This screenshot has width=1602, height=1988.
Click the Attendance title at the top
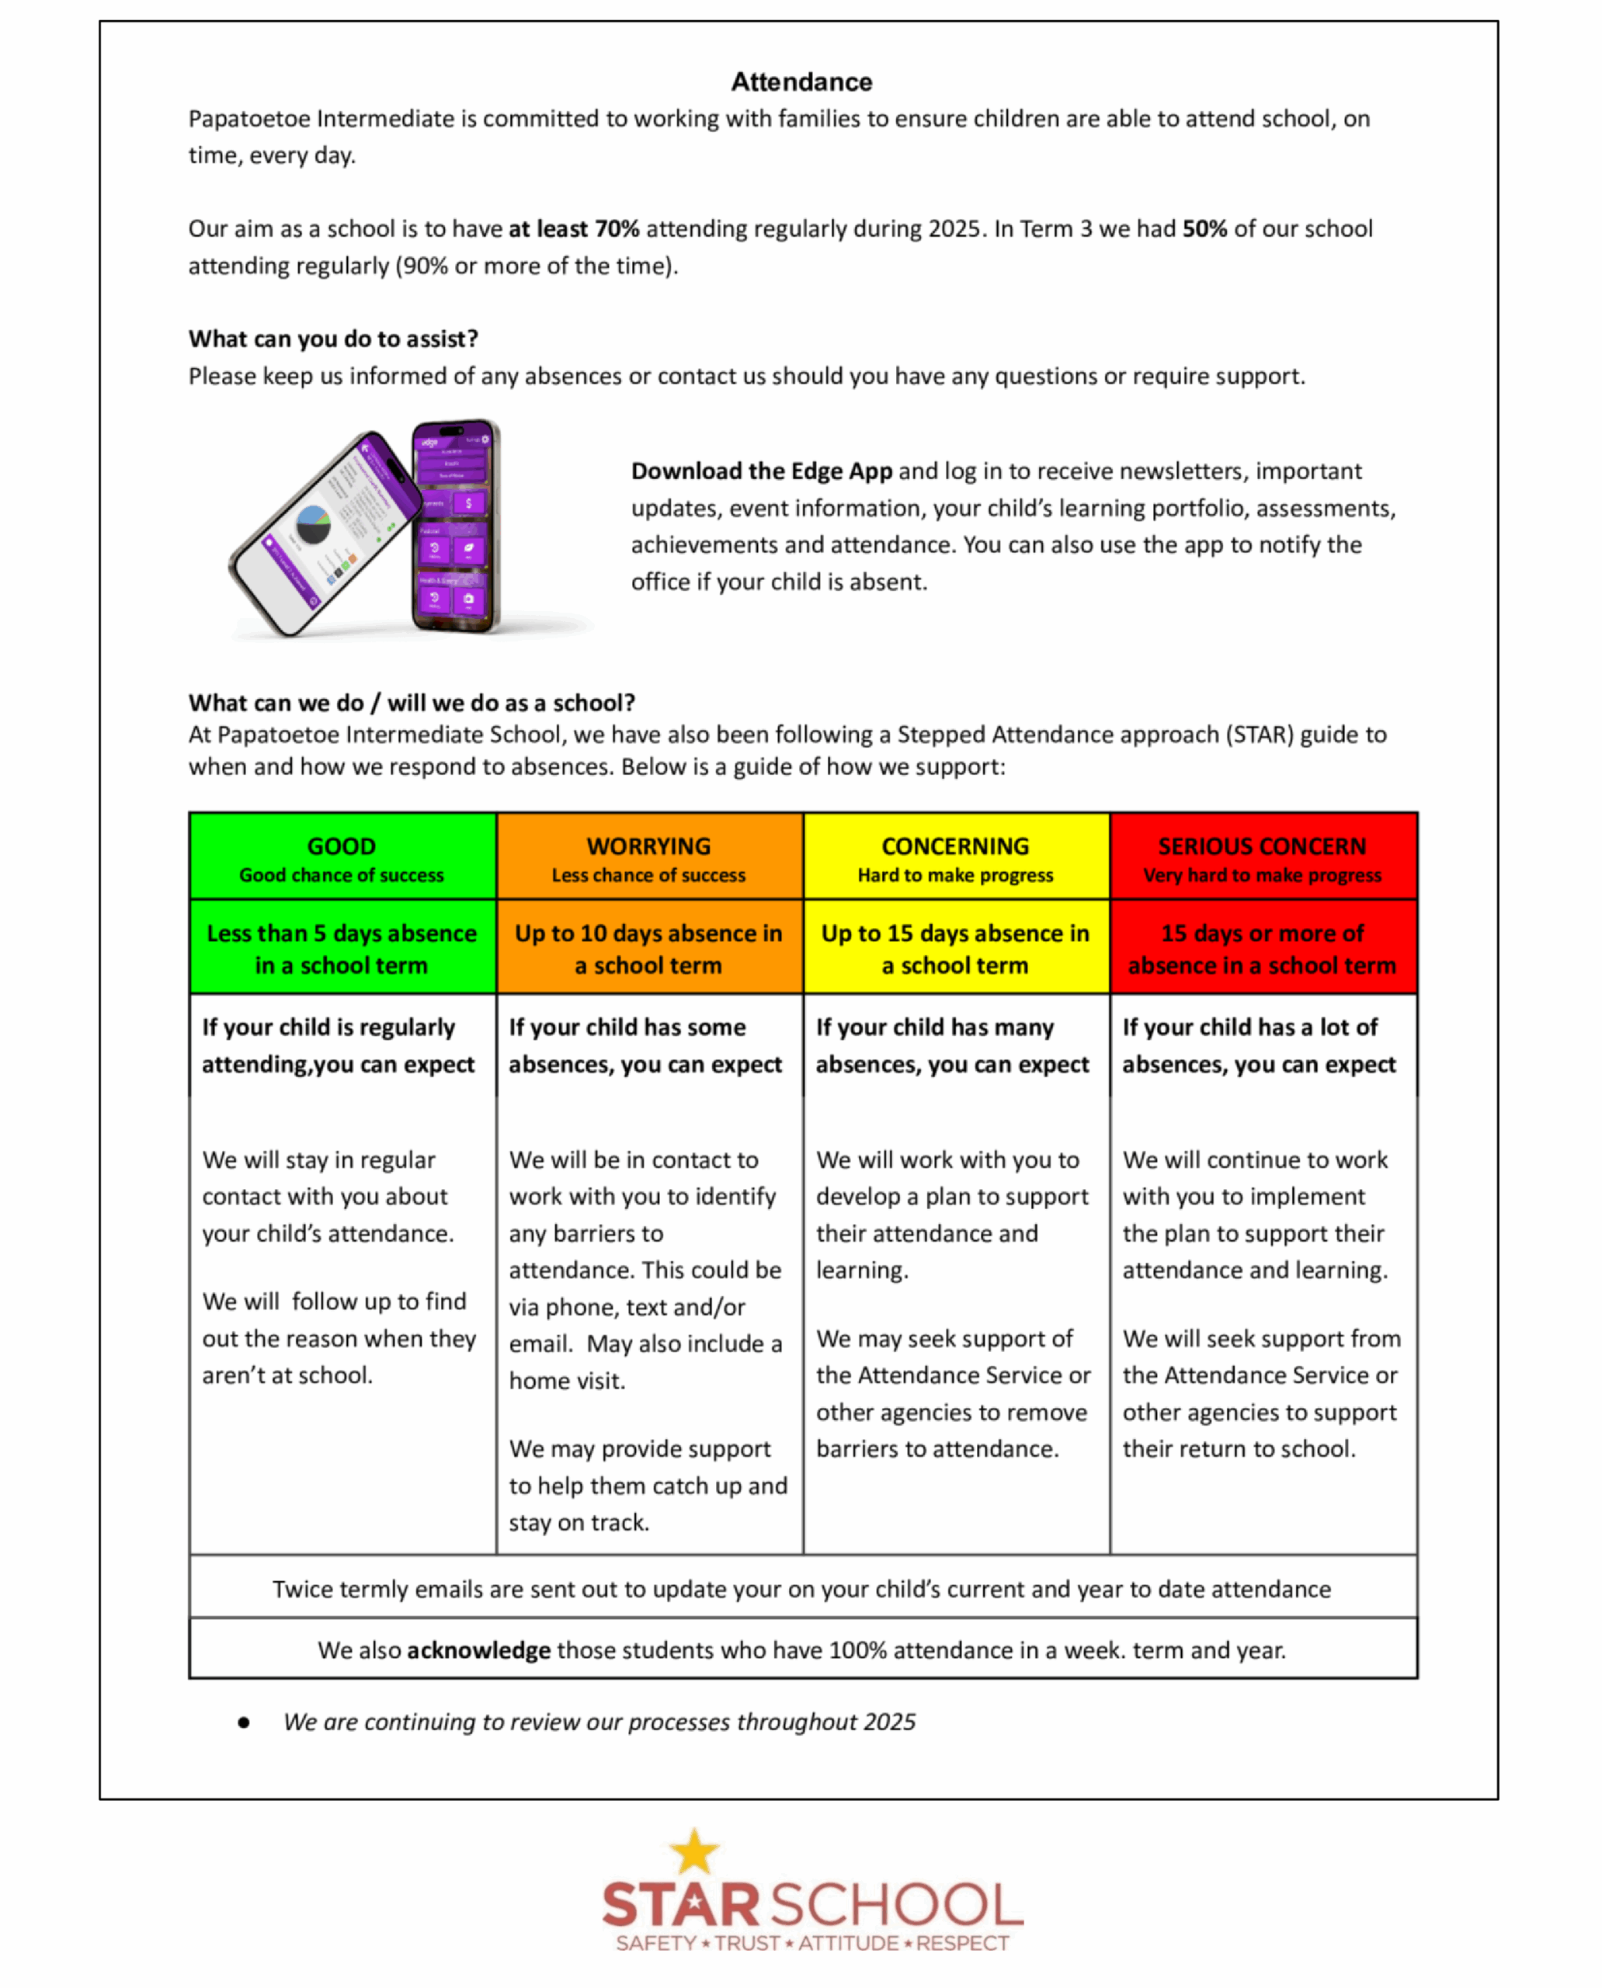pyautogui.click(x=801, y=82)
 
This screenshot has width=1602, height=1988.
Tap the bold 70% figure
pyautogui.click(x=617, y=229)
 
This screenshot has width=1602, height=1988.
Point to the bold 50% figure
pyautogui.click(x=1204, y=229)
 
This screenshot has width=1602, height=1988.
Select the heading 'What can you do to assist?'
pyautogui.click(x=333, y=339)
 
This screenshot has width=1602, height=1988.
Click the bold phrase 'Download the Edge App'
pyautogui.click(x=761, y=471)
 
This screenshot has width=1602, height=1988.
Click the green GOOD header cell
pyautogui.click(x=342, y=857)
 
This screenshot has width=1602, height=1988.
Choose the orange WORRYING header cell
pyautogui.click(x=648, y=857)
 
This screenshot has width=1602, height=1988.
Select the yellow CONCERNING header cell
pyautogui.click(x=955, y=857)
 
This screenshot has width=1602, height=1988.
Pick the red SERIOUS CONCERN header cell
pyautogui.click(x=1263, y=857)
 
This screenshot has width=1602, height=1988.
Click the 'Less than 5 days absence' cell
pyautogui.click(x=342, y=949)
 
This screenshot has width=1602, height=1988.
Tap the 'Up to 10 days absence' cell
pyautogui.click(x=648, y=949)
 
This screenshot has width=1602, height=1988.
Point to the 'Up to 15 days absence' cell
pyautogui.click(x=955, y=949)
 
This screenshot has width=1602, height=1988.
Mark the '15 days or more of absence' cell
pyautogui.click(x=1263, y=949)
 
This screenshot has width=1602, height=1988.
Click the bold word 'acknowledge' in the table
pyautogui.click(x=478, y=1650)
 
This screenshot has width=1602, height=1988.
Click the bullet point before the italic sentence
pyautogui.click(x=244, y=1722)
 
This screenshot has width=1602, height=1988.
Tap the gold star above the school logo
pyautogui.click(x=694, y=1851)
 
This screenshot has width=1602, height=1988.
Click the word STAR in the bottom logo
pyautogui.click(x=681, y=1905)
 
